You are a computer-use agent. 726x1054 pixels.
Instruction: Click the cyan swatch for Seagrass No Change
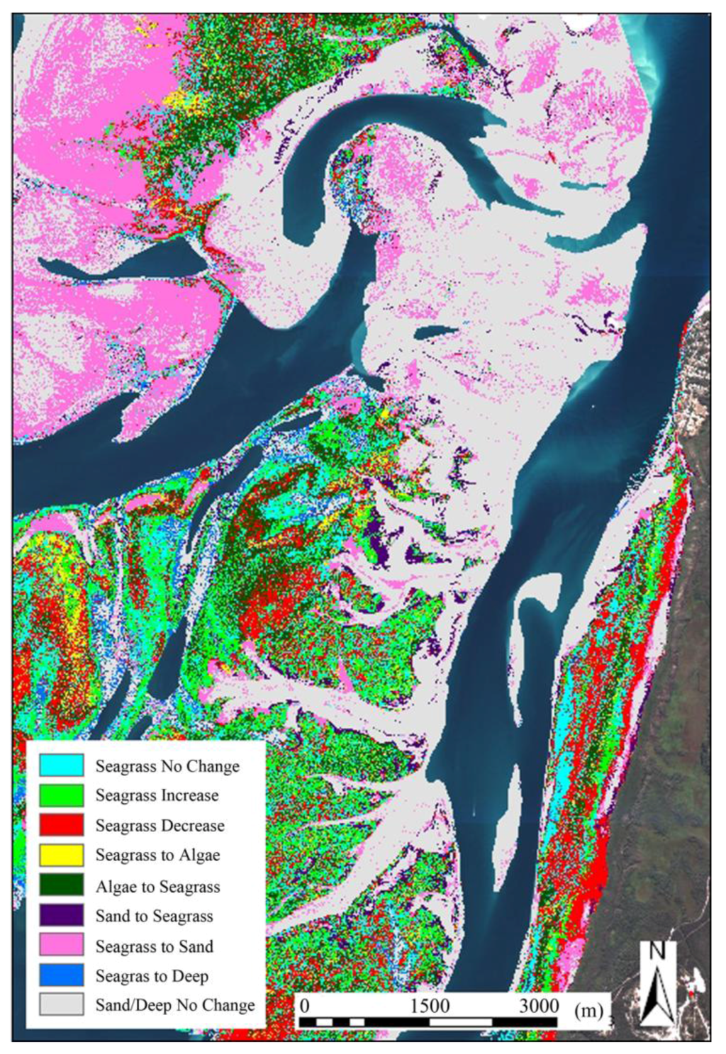click(62, 766)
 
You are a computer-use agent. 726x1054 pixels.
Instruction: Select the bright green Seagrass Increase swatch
click(62, 795)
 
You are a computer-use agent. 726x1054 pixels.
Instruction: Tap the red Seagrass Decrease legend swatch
click(62, 825)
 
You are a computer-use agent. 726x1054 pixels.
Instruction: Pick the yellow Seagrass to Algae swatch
click(62, 855)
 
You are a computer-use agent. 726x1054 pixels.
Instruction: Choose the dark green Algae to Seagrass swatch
click(62, 886)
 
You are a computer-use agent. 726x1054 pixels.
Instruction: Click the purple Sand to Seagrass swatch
click(62, 916)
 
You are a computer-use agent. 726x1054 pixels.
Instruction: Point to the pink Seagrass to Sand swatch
click(62, 946)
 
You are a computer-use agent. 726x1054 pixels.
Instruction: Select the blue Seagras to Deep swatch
click(62, 975)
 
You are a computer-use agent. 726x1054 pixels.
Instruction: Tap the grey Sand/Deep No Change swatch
click(62, 1004)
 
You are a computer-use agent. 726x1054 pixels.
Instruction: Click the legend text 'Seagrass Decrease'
click(160, 826)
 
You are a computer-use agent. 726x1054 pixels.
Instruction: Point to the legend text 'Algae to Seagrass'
click(157, 887)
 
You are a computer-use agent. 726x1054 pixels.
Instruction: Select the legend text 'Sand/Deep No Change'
click(175, 1005)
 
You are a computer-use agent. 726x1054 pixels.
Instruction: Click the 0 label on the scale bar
click(305, 1006)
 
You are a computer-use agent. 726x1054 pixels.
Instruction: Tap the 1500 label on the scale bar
click(430, 1006)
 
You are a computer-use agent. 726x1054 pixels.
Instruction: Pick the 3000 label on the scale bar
click(539, 1006)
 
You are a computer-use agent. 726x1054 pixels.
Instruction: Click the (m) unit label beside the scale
click(588, 1009)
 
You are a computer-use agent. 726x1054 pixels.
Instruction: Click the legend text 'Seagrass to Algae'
click(157, 856)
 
